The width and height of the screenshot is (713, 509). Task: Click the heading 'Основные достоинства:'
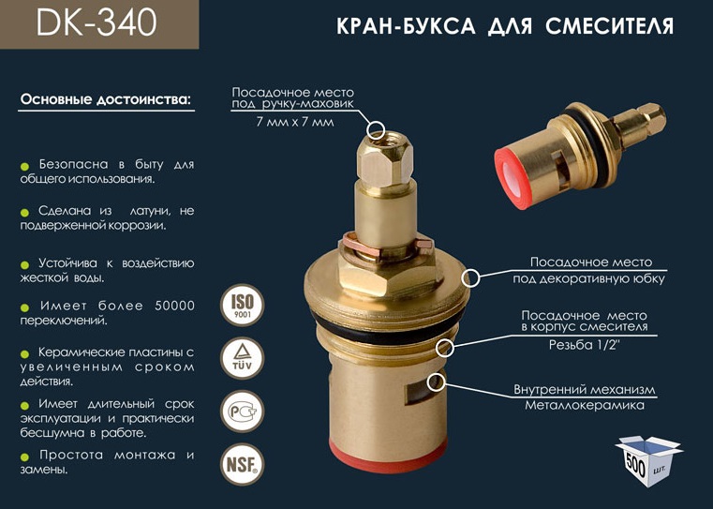point(105,99)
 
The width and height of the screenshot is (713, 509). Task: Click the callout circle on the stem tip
point(377,129)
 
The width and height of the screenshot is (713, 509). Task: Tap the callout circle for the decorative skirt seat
point(470,277)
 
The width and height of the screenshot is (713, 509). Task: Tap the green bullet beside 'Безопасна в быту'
point(25,165)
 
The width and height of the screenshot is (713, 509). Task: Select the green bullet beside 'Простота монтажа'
point(25,457)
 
